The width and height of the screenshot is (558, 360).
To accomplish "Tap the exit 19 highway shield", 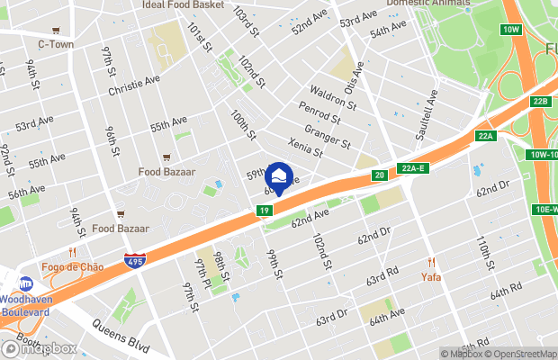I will [x=264, y=211].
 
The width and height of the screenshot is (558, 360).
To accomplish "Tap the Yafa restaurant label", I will [x=431, y=276].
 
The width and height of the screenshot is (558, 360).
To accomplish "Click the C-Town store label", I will [x=55, y=43].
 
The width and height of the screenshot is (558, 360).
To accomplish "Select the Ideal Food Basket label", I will [x=183, y=4].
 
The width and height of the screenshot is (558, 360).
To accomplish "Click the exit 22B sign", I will [x=539, y=102].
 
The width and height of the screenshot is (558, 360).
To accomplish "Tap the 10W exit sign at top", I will [x=512, y=30].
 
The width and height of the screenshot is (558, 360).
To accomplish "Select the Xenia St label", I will [x=305, y=144].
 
